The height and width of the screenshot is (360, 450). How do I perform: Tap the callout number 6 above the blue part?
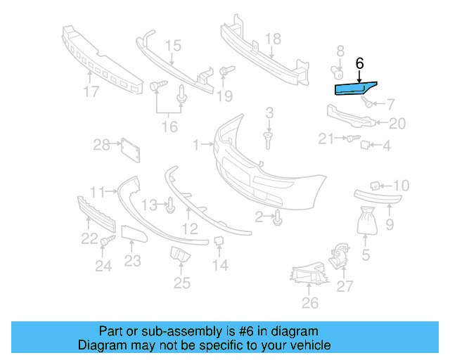[x=359, y=63]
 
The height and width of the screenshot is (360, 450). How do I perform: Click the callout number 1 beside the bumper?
[x=196, y=146]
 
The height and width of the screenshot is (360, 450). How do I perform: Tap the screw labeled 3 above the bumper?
[x=269, y=139]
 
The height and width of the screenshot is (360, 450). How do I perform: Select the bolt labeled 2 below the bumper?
[x=279, y=217]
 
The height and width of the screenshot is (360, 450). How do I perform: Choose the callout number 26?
[x=309, y=303]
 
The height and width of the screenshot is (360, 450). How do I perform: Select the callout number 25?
[x=182, y=283]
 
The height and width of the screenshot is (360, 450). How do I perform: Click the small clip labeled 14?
[x=219, y=243]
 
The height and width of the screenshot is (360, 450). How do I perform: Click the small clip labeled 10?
[x=375, y=186]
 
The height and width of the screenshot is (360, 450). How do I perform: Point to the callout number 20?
[x=397, y=124]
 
